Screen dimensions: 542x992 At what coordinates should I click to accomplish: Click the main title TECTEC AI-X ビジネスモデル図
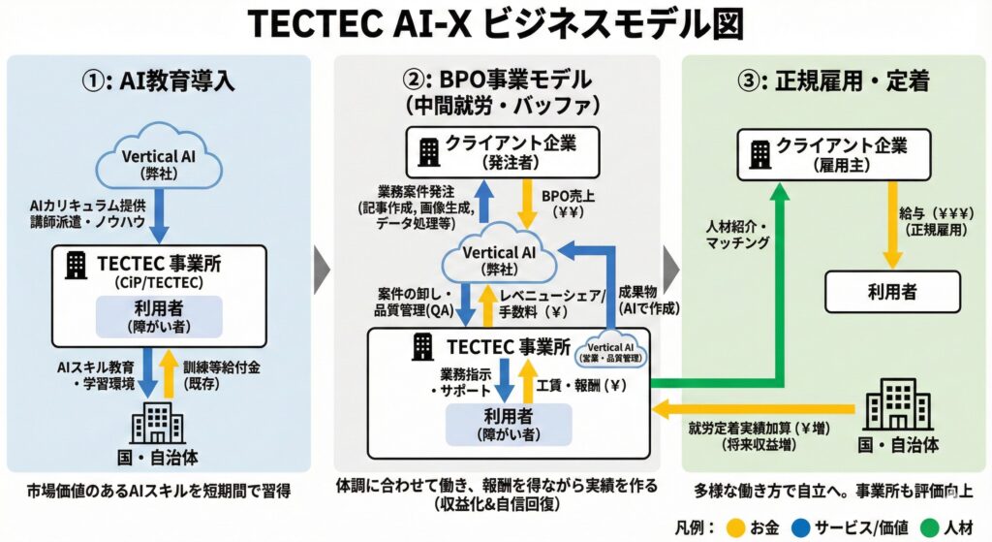pyautogui.click(x=495, y=25)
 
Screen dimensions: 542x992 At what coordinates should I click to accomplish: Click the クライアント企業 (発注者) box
pyautogui.click(x=496, y=150)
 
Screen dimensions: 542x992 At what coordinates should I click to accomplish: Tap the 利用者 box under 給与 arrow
pyautogui.click(x=891, y=292)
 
